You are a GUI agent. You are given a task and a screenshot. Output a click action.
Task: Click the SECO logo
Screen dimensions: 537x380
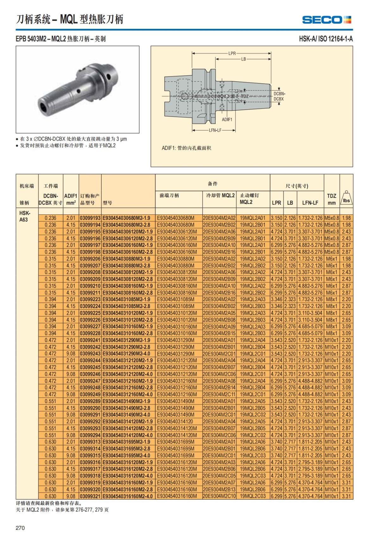coord(326,20)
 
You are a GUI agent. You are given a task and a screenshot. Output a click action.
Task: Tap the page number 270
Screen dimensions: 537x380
coord(20,528)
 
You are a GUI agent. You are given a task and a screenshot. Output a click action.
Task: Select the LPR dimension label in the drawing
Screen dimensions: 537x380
coord(232,53)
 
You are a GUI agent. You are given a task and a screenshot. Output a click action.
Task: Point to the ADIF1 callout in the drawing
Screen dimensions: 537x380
coord(227,119)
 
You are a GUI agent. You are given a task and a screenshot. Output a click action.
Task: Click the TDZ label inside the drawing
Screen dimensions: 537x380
coord(245,96)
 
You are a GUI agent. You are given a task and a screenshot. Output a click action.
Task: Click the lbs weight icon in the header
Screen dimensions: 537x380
coord(346,199)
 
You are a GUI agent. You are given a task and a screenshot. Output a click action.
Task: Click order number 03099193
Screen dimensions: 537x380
coord(90,218)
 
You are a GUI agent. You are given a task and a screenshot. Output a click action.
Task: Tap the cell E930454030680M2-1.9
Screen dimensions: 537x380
coord(128,218)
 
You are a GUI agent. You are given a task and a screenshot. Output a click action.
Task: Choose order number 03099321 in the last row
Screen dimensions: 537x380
coord(90,496)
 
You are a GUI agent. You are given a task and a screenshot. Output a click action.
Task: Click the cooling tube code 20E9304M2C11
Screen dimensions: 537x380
coord(219,395)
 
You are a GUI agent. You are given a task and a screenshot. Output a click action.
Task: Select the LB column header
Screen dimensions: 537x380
coord(290,203)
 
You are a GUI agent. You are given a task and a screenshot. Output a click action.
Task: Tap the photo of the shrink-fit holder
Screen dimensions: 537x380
coord(78,90)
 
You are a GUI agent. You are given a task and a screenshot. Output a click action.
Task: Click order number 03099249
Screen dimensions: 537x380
coord(90,395)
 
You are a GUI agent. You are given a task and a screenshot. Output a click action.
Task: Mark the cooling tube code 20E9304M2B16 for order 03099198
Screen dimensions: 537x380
coord(219,252)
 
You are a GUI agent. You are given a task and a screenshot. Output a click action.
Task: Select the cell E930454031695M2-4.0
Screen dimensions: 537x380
coord(128,455)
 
